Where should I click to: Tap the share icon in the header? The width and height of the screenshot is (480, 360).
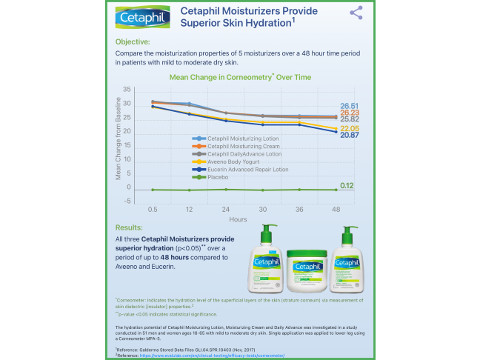point(356,13)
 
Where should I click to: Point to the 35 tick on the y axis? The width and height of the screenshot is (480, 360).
point(127,90)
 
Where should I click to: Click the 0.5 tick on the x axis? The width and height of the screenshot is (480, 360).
point(152,210)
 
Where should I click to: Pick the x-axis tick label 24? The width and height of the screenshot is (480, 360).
point(226,210)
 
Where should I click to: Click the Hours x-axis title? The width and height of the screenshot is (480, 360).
point(238,220)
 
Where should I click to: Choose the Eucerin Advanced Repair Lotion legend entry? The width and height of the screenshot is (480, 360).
point(247,170)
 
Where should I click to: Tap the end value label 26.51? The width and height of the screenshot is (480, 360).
point(350,106)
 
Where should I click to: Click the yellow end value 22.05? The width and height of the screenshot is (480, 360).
point(350,128)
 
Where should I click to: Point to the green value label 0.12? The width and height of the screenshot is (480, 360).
point(347,185)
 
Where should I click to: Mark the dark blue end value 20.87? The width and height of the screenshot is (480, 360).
point(350,136)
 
